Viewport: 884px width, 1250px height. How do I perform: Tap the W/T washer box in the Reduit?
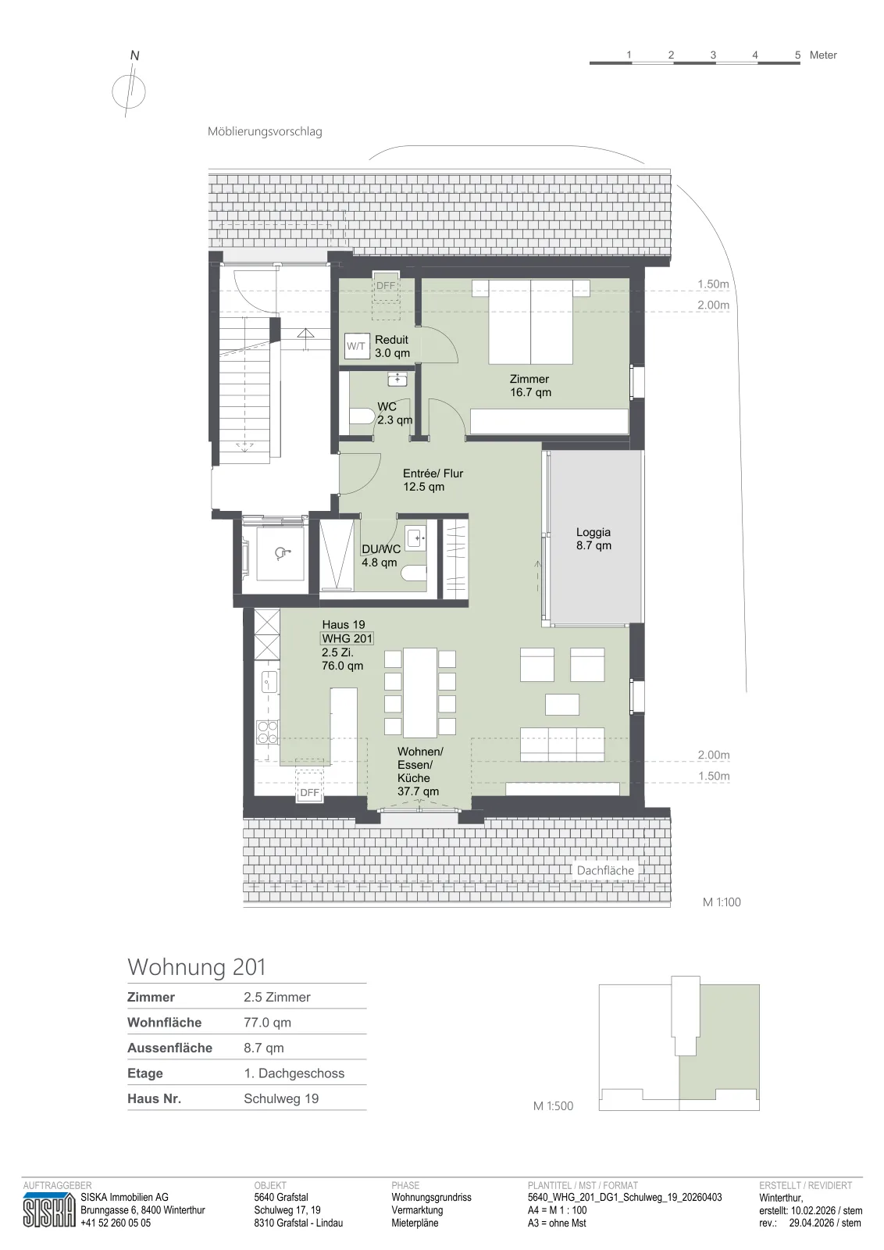[x=356, y=346]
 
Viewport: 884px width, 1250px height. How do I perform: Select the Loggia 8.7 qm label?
[x=593, y=539]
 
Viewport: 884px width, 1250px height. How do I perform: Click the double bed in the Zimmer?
[x=531, y=322]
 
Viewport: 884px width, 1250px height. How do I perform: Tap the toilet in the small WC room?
[x=362, y=416]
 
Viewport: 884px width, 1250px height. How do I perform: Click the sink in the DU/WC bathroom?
[x=416, y=539]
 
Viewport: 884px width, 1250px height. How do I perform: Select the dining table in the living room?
[x=420, y=692]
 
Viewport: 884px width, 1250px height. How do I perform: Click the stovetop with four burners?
[x=267, y=732]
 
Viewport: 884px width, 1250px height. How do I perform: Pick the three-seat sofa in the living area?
[x=562, y=745]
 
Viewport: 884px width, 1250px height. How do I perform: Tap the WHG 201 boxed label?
[x=347, y=638]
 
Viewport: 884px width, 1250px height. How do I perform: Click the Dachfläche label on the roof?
[x=605, y=870]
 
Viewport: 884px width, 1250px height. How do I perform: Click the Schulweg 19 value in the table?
[x=281, y=1098]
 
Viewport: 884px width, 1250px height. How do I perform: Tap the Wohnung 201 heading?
[x=196, y=967]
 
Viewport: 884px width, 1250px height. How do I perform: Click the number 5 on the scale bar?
[x=797, y=55]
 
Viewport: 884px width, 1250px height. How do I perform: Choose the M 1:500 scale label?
[x=553, y=1105]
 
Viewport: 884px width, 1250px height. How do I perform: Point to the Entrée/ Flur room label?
[x=433, y=480]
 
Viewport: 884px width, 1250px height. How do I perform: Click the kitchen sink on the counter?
[x=269, y=681]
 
